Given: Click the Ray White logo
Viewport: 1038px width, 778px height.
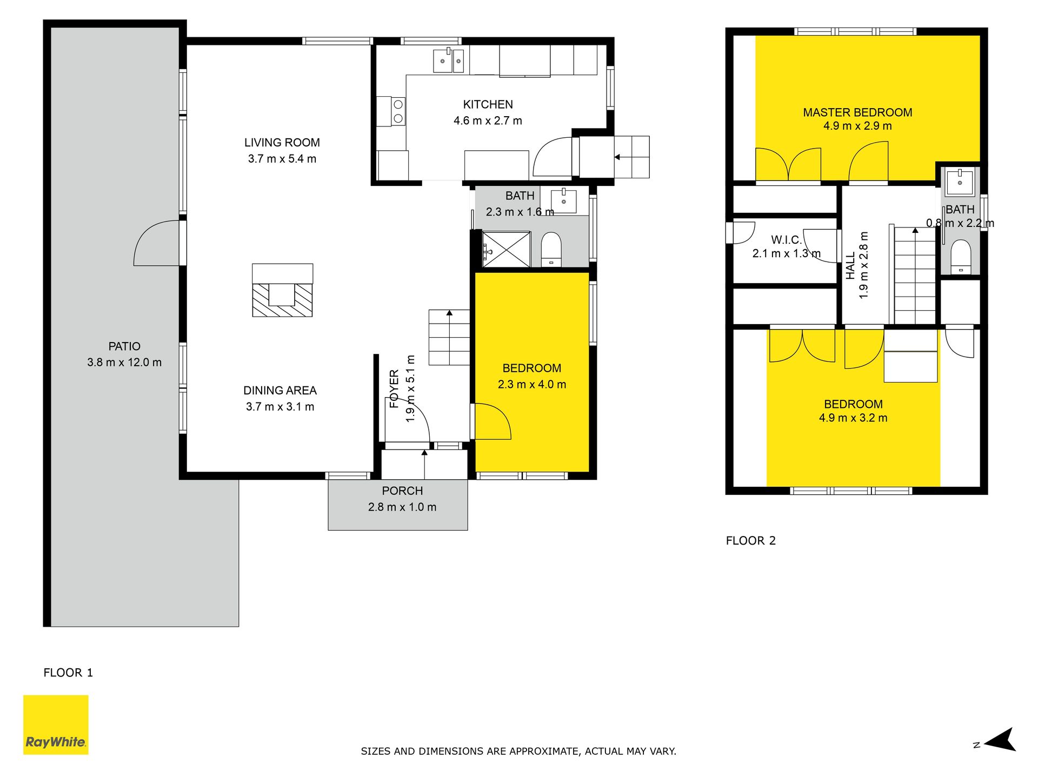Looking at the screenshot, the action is [56, 725].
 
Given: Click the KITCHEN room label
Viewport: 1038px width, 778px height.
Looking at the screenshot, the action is [488, 104].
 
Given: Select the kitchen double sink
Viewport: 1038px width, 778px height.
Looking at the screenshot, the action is [449, 60].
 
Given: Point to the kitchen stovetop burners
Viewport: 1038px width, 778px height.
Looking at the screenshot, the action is [398, 111].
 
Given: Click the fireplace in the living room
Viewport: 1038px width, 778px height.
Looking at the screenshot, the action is [282, 290].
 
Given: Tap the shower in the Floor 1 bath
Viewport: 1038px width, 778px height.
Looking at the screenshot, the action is [506, 249].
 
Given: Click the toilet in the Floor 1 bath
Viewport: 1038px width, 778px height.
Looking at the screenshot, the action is [551, 250].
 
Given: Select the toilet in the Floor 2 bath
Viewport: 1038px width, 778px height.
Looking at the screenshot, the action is [961, 257].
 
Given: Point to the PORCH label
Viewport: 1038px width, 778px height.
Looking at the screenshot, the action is [402, 491].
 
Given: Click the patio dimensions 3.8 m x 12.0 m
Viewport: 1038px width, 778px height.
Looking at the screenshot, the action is [124, 362].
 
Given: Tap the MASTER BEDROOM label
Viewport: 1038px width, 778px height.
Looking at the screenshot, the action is [857, 112].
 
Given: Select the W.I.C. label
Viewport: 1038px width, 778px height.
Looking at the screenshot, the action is [786, 240].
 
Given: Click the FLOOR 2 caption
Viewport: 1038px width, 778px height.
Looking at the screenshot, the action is [750, 540].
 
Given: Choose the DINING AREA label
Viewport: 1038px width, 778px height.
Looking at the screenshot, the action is [280, 390].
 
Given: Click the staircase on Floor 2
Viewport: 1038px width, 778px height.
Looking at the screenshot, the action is [914, 276].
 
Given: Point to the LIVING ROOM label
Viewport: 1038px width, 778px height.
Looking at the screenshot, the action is [282, 143].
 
